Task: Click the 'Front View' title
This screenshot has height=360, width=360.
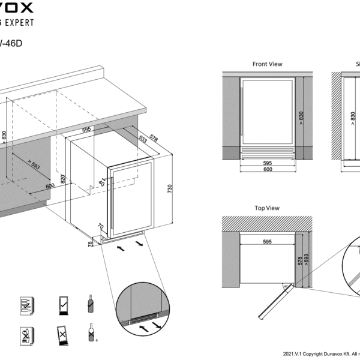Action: (267, 64)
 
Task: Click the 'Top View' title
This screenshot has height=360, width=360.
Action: (267, 208)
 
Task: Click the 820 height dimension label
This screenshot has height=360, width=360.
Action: (62, 179)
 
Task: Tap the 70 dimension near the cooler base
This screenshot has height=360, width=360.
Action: (101, 228)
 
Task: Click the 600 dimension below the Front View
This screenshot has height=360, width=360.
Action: (267, 169)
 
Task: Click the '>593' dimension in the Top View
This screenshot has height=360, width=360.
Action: (306, 259)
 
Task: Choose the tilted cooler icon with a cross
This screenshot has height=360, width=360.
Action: (62, 334)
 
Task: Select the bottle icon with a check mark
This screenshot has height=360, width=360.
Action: (90, 304)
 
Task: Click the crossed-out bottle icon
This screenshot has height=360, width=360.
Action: (91, 332)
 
